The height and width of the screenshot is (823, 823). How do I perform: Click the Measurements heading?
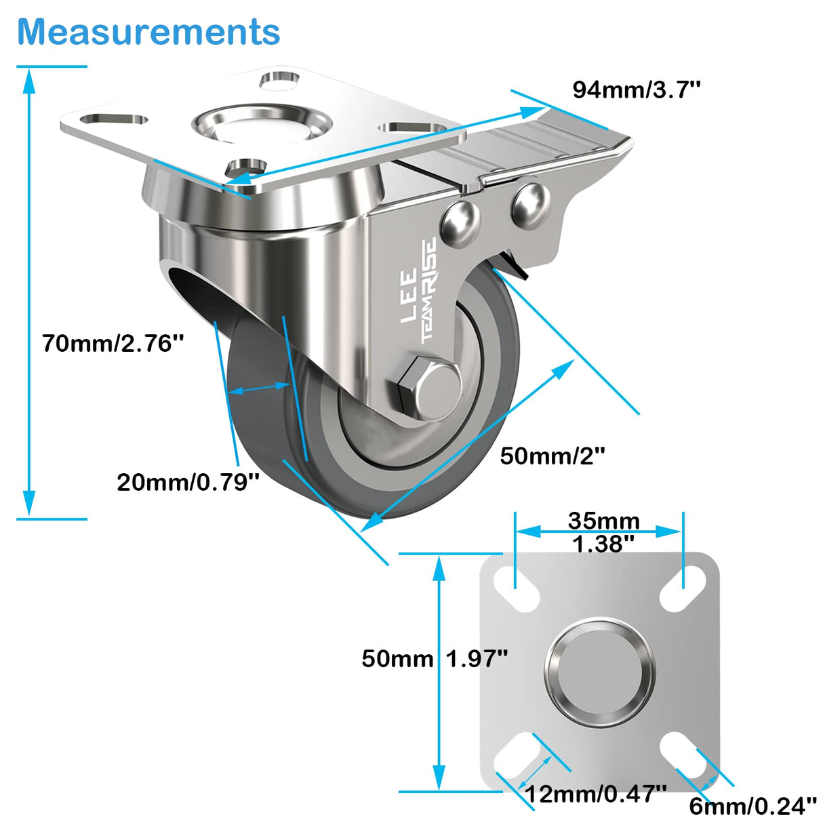tap(148, 32)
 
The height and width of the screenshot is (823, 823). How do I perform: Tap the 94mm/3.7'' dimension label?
tap(636, 89)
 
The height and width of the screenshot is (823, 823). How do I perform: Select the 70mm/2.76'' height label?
tap(113, 343)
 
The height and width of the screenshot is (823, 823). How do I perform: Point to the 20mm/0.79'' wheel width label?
tap(188, 482)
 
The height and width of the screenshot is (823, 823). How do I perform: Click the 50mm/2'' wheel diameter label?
tap(553, 456)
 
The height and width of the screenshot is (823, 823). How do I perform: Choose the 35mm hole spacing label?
tap(603, 520)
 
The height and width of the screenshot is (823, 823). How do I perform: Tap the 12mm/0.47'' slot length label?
tap(597, 793)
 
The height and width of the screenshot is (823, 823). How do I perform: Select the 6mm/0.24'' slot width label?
tap(752, 806)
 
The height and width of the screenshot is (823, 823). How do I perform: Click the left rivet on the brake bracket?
tap(460, 222)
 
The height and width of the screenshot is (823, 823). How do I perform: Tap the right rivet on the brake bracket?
tap(529, 204)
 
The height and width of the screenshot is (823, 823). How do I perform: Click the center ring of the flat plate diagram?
tap(600, 671)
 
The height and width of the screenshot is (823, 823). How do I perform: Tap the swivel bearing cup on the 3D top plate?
tap(262, 125)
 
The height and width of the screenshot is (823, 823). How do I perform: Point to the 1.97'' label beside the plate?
tap(477, 658)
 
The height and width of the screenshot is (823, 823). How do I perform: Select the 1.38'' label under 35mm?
tap(603, 544)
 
